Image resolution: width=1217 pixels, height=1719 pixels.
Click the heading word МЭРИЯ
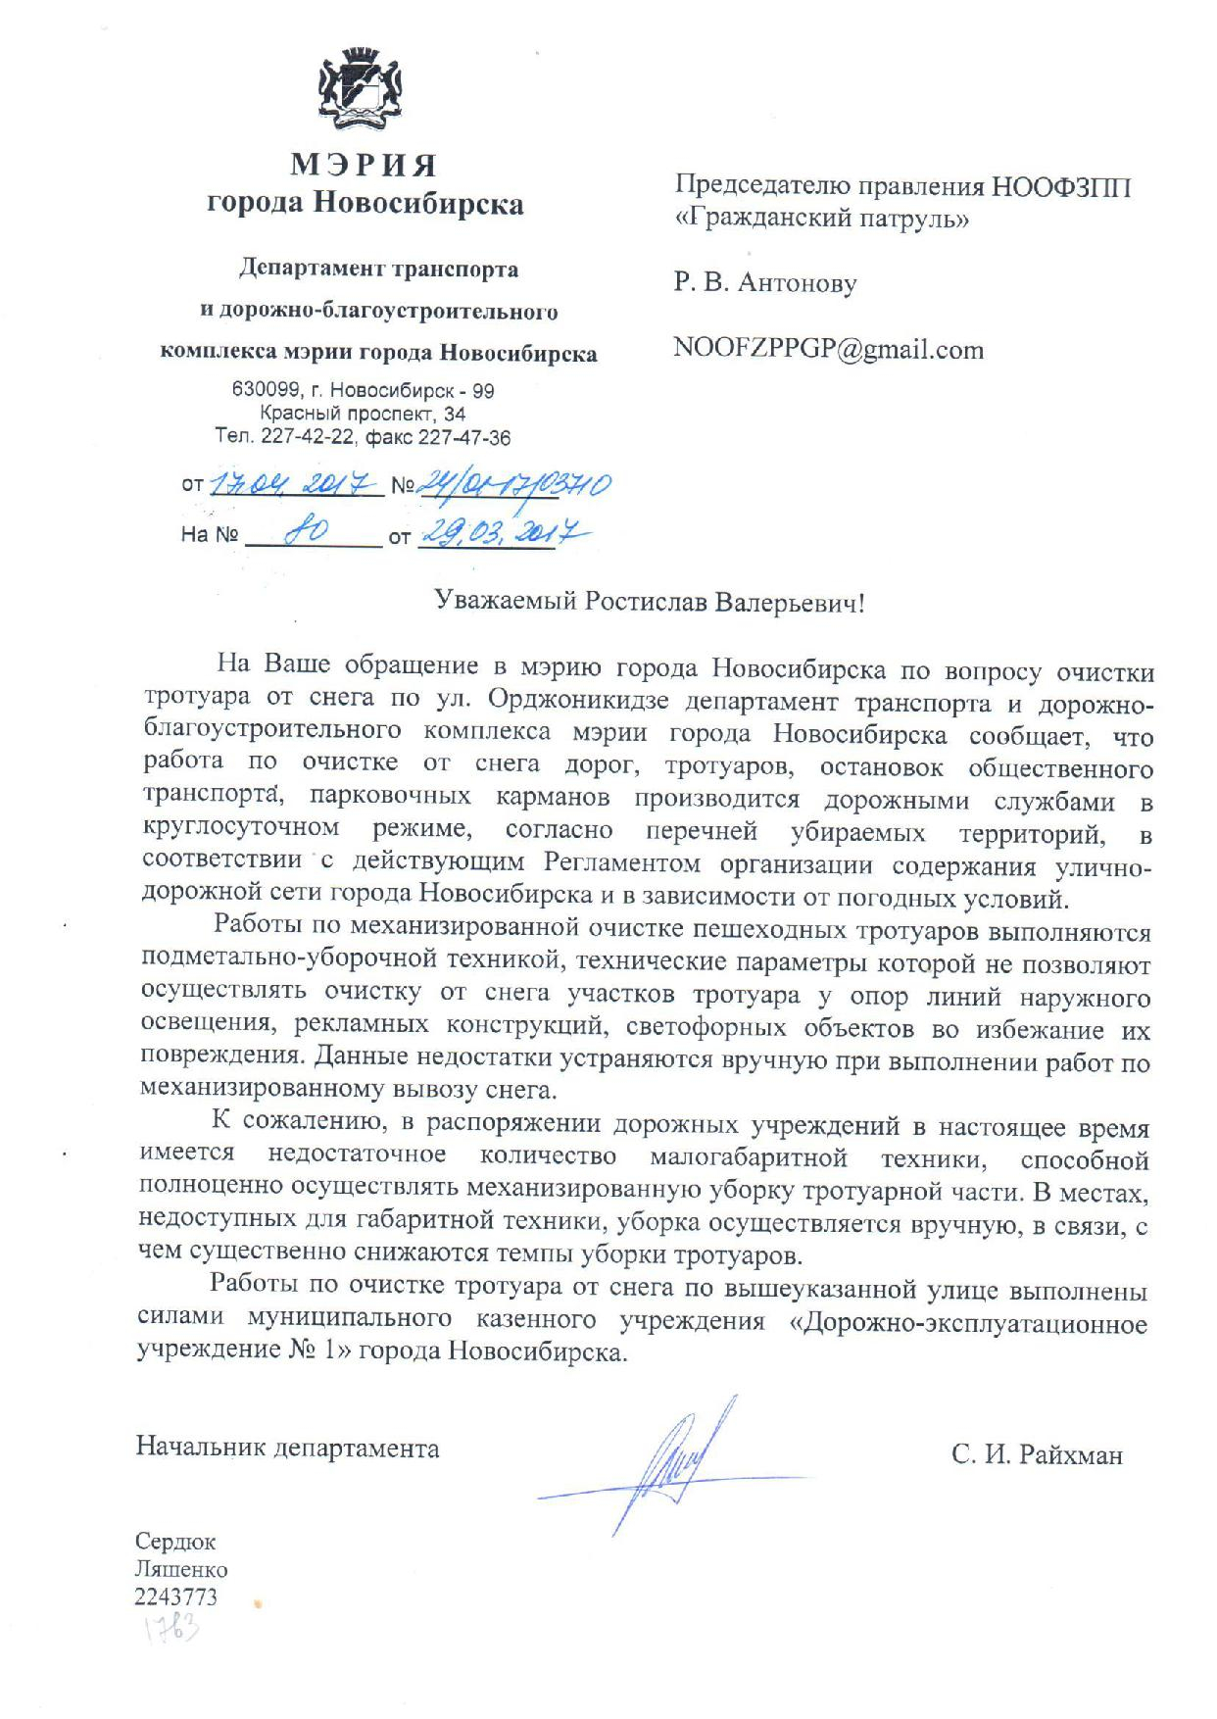click(364, 163)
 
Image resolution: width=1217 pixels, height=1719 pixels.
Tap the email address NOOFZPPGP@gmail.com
click(828, 350)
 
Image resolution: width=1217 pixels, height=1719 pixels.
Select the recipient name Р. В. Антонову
click(765, 283)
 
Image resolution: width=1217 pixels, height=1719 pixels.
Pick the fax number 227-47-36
click(464, 438)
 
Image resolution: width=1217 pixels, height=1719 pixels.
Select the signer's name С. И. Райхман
click(1036, 1455)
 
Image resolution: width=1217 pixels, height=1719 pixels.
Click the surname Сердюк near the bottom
click(175, 1542)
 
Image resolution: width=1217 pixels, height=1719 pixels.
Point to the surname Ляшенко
click(181, 1569)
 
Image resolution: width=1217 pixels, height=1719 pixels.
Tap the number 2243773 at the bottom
click(176, 1596)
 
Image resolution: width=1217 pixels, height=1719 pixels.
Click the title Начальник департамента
click(287, 1448)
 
